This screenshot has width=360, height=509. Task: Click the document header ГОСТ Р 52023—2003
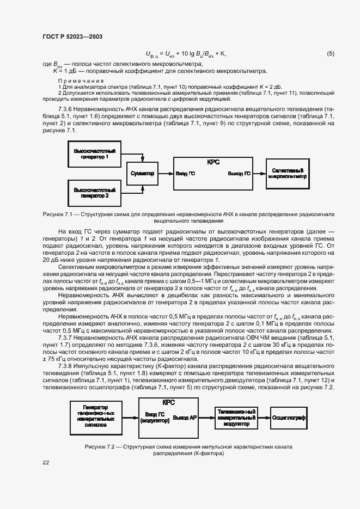click(72, 37)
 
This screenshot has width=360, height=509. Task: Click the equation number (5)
click(331, 53)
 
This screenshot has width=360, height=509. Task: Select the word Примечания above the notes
click(81, 81)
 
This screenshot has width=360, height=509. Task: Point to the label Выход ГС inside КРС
click(239, 174)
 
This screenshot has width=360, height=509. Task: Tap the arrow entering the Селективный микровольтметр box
click(259, 173)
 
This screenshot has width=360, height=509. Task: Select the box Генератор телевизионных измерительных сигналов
click(95, 415)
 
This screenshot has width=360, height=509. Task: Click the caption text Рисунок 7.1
click(57, 215)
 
